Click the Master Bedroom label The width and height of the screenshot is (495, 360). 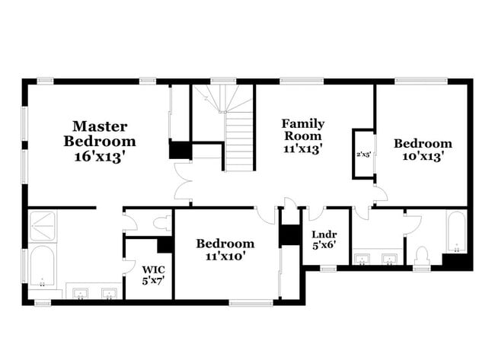[x=99, y=133]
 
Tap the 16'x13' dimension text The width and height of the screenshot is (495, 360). [x=99, y=156]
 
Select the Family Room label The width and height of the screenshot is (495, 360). [x=302, y=129]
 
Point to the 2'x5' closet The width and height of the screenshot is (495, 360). [x=363, y=155]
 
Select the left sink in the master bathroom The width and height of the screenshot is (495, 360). [x=80, y=293]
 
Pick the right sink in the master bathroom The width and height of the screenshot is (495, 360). [x=109, y=293]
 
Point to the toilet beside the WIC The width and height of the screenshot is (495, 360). [x=161, y=223]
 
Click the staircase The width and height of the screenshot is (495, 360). [x=238, y=141]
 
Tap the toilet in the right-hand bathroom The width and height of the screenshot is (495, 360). [x=421, y=255]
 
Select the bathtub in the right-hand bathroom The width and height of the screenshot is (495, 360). [x=455, y=232]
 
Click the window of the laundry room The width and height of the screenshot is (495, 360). [x=328, y=268]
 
